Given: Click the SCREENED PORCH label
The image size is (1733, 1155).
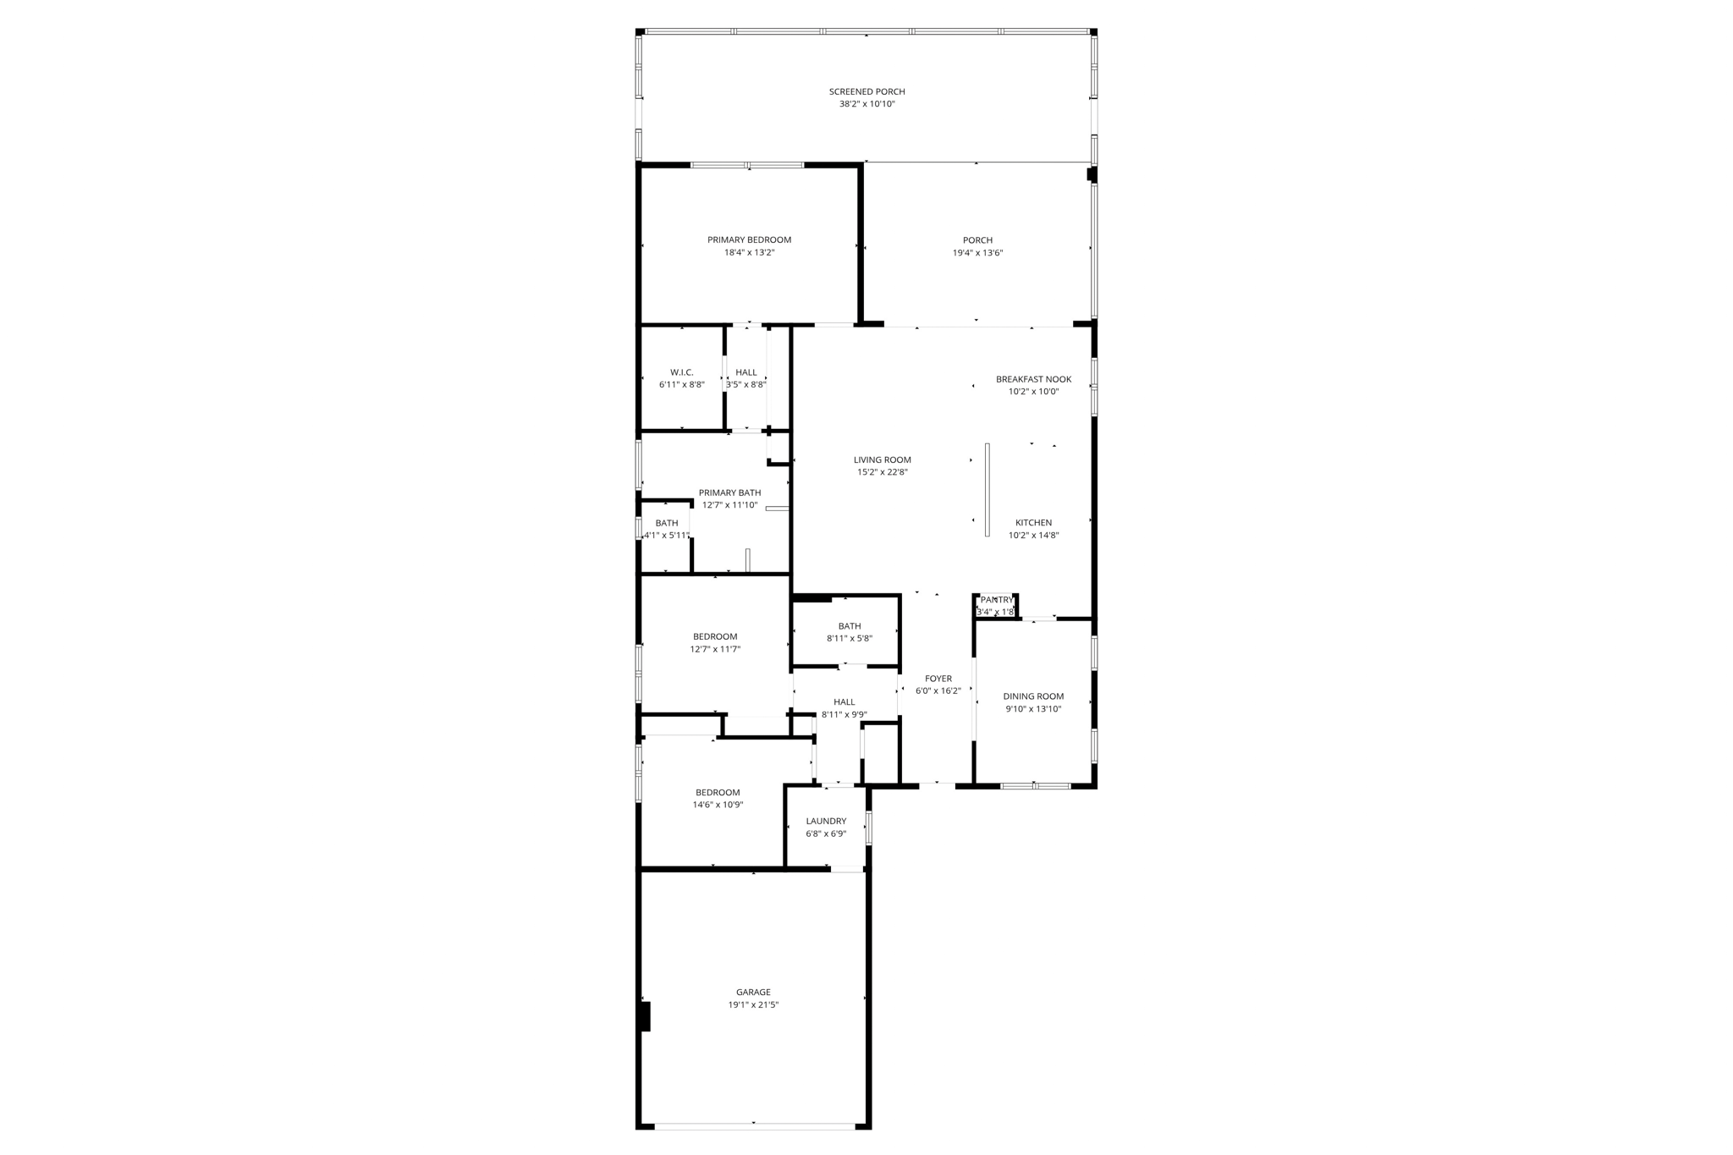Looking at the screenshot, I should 866,91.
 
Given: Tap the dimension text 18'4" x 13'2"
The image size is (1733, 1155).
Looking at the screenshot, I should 749,252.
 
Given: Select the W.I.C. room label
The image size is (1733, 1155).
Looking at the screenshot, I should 681,372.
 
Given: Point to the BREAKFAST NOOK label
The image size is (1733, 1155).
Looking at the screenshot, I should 1033,379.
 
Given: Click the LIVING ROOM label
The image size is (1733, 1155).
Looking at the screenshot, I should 882,459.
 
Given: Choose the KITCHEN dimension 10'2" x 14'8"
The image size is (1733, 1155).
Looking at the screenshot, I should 1033,535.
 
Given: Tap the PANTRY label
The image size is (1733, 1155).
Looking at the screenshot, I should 996,600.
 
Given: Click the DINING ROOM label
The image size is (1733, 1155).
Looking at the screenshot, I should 1033,696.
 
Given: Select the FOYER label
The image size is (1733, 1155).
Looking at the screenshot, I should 938,679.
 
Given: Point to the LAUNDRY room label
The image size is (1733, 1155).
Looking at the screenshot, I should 826,821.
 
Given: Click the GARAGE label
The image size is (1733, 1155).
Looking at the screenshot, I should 753,992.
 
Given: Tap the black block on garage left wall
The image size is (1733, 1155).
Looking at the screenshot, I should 645,1016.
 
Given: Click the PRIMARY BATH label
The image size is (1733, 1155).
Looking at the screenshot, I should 729,492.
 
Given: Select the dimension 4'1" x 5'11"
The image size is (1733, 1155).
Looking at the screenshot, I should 667,535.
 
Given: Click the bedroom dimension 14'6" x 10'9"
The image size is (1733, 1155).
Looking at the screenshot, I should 718,805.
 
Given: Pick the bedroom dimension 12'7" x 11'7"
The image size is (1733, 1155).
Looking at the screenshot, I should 715,649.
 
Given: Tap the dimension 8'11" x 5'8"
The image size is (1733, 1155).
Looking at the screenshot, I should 849,638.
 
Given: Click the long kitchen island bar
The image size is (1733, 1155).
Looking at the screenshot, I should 987,489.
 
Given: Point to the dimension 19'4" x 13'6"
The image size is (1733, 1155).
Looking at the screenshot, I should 977,252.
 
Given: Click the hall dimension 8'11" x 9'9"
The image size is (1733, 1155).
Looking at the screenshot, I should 844,714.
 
